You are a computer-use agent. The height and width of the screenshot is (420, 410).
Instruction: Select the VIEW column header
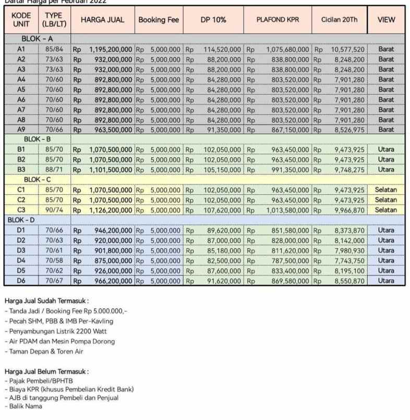[x=386, y=20]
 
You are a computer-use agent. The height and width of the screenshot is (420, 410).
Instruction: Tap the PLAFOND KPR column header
[x=278, y=20]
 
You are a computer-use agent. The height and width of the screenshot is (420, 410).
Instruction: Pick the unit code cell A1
[x=21, y=50]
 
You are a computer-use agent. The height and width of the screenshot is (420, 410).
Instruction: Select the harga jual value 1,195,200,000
[x=111, y=50]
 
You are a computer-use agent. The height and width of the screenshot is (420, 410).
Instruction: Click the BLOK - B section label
[x=37, y=139]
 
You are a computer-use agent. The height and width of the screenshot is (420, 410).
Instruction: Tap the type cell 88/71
[x=54, y=169]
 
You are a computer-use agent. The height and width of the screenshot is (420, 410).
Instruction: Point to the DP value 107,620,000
[x=222, y=209]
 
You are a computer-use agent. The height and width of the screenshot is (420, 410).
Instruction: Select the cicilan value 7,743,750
[x=349, y=260]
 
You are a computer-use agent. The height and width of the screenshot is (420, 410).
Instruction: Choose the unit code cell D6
[x=21, y=281]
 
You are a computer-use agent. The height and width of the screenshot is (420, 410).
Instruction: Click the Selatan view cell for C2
[x=386, y=200]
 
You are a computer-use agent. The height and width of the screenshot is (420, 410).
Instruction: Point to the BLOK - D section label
[x=21, y=220]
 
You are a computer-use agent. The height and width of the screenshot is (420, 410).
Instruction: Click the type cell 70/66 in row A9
[x=54, y=130]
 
